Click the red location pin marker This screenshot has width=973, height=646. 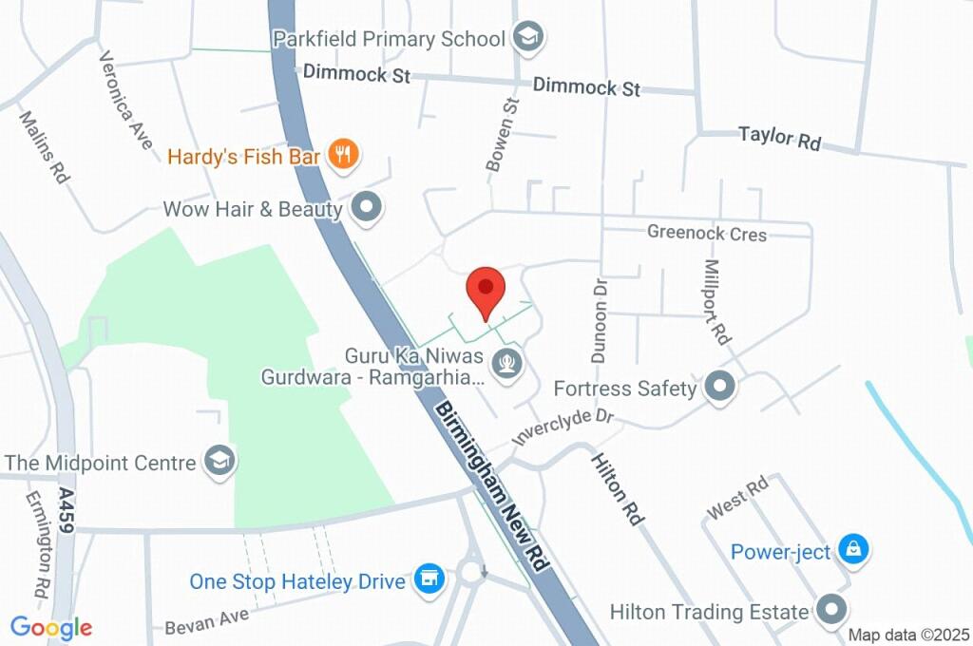click(486, 289)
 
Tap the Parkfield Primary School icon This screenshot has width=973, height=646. click(525, 38)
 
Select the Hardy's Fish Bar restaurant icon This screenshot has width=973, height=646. click(342, 155)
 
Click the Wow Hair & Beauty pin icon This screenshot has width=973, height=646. click(365, 206)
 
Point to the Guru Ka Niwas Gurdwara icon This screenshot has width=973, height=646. click(505, 363)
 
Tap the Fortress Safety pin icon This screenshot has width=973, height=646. click(720, 388)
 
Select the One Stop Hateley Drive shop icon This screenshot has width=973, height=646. click(429, 579)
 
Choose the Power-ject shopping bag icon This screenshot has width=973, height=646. click(854, 550)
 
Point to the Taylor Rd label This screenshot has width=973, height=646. click(780, 139)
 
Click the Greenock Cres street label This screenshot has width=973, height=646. click(707, 233)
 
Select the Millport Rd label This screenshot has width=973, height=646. click(717, 302)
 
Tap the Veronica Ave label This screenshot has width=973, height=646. click(125, 100)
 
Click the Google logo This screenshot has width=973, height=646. click(51, 627)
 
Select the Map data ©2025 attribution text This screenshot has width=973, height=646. click(908, 635)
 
